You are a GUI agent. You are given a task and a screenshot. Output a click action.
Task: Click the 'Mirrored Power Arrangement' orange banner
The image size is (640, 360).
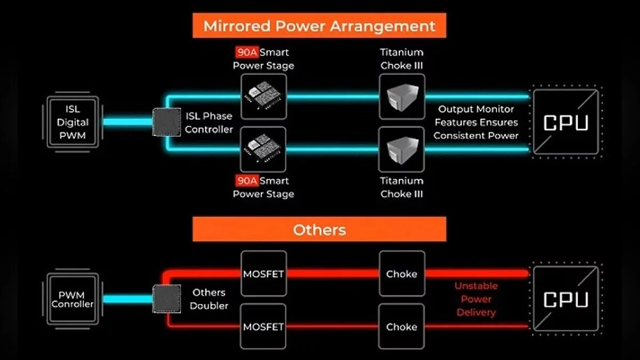click(319, 26)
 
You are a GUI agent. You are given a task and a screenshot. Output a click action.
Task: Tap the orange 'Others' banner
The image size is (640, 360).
click(319, 230)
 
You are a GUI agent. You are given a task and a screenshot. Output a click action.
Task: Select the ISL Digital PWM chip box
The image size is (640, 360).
click(72, 123)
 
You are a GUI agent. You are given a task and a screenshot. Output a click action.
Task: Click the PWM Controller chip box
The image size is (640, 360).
click(72, 299)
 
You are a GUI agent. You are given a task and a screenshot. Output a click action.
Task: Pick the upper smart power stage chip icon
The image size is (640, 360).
click(263, 97)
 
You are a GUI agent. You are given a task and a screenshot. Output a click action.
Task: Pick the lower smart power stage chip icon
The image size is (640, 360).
click(263, 149)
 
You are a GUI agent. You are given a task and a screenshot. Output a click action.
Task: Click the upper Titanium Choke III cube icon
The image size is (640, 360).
click(402, 97)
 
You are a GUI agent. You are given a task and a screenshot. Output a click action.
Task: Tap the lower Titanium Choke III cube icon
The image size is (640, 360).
click(402, 149)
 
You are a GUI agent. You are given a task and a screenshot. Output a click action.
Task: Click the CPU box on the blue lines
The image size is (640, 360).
click(565, 122)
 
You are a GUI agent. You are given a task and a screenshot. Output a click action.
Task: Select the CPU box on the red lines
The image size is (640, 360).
click(565, 299)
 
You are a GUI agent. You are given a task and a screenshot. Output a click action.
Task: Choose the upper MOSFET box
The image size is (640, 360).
click(263, 274)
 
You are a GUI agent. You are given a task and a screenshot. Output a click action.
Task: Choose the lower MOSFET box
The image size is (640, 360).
click(263, 326)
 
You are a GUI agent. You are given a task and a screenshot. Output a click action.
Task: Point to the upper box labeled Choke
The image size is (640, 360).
click(402, 274)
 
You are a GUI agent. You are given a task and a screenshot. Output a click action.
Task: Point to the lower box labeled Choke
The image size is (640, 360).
click(402, 326)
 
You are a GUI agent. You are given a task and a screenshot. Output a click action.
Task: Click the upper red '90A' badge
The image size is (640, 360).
click(246, 52)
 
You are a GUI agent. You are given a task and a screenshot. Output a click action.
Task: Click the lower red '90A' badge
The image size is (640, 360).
click(246, 181)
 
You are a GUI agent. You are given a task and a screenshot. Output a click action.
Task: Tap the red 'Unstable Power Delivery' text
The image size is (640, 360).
click(476, 299)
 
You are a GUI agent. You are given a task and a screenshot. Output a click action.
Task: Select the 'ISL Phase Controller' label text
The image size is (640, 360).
click(209, 123)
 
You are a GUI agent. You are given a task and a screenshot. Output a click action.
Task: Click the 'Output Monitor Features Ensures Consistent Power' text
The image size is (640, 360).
click(476, 122)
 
